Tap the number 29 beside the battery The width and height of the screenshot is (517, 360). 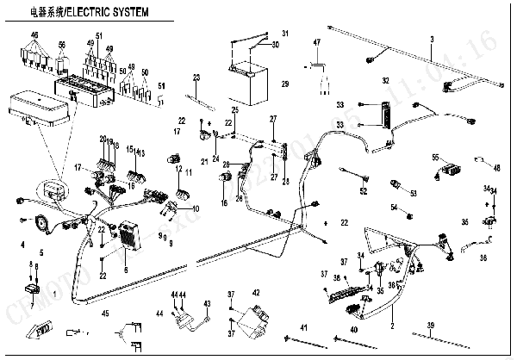coord(284,84)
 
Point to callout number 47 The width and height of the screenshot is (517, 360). coord(316,42)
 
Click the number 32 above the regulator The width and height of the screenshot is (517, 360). coord(386,80)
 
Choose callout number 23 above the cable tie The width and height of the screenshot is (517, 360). coord(196,78)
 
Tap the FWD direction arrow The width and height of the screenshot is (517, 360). coord(53,327)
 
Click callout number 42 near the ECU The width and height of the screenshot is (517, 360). coord(256,294)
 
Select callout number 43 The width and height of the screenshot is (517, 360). coord(207,304)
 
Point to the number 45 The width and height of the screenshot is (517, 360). coord(105,313)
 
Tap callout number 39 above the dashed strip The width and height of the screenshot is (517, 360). coord(428,325)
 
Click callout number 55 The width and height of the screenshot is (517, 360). coord(436,157)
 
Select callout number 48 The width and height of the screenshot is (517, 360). coord(496,168)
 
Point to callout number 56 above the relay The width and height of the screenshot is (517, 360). coord(62,44)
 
